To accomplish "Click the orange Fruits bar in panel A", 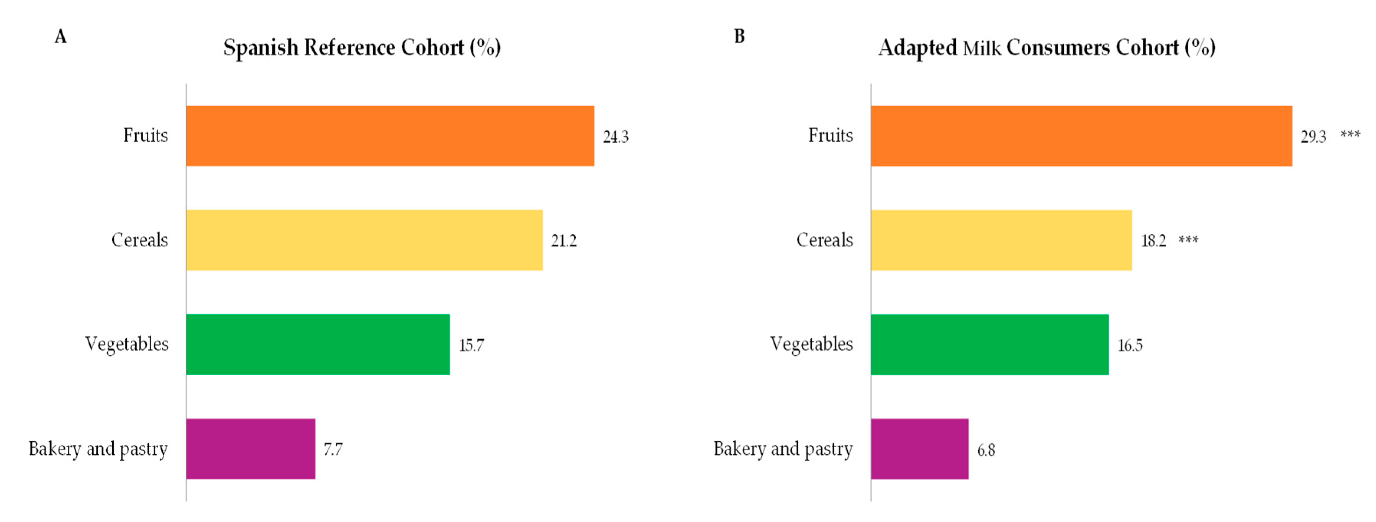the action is point(390,136).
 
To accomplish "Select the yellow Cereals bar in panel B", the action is point(1001,240).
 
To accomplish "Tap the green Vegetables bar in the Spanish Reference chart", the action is point(318,344).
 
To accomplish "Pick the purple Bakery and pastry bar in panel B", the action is point(919,448).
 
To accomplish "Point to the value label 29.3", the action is point(1313,137).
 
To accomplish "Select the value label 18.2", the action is point(1153,241).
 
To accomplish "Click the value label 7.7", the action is point(333,449).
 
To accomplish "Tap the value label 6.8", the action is point(986,450).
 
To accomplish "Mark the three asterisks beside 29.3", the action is point(1350,134).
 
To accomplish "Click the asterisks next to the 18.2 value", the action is point(1189,240).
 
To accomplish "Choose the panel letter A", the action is point(61,37).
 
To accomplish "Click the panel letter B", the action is point(739,36).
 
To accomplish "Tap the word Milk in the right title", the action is point(982,49).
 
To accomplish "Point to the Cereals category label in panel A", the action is point(139,240).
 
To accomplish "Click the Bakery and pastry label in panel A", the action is point(98,449).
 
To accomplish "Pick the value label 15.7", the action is point(471,345).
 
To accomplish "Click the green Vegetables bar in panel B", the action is point(989,344).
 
